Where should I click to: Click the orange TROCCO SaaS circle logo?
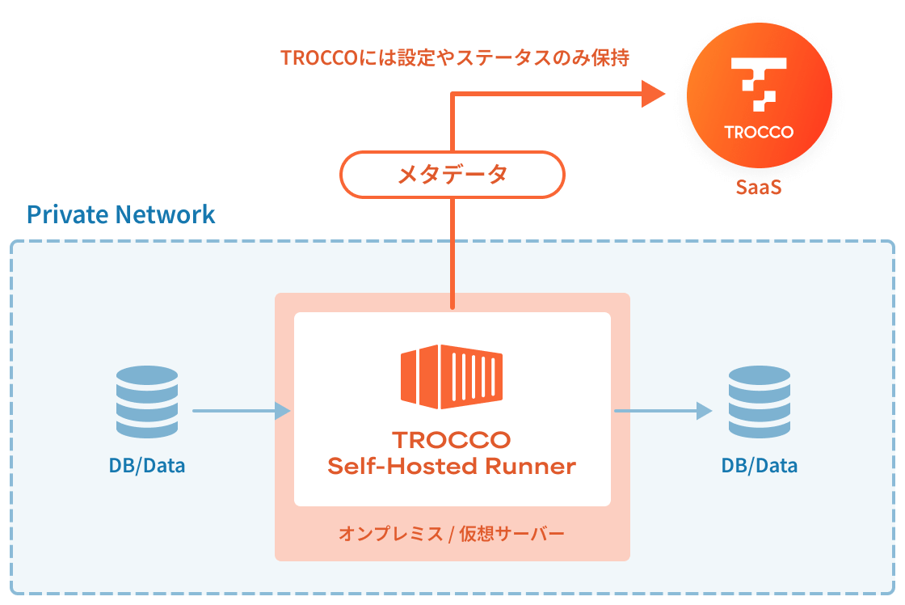click(759, 96)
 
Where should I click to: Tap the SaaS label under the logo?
click(759, 188)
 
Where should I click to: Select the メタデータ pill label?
click(452, 175)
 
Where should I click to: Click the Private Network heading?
click(121, 214)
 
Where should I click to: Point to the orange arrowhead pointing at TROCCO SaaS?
click(652, 94)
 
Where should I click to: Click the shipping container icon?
click(452, 377)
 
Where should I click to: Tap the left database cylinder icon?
click(146, 401)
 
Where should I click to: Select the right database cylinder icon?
click(759, 401)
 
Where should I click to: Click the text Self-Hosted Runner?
click(452, 466)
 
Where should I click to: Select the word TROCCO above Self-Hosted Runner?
click(452, 440)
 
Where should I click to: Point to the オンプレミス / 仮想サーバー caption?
click(452, 534)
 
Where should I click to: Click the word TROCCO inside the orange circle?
click(759, 132)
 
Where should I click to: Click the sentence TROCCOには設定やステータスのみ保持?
click(455, 58)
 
